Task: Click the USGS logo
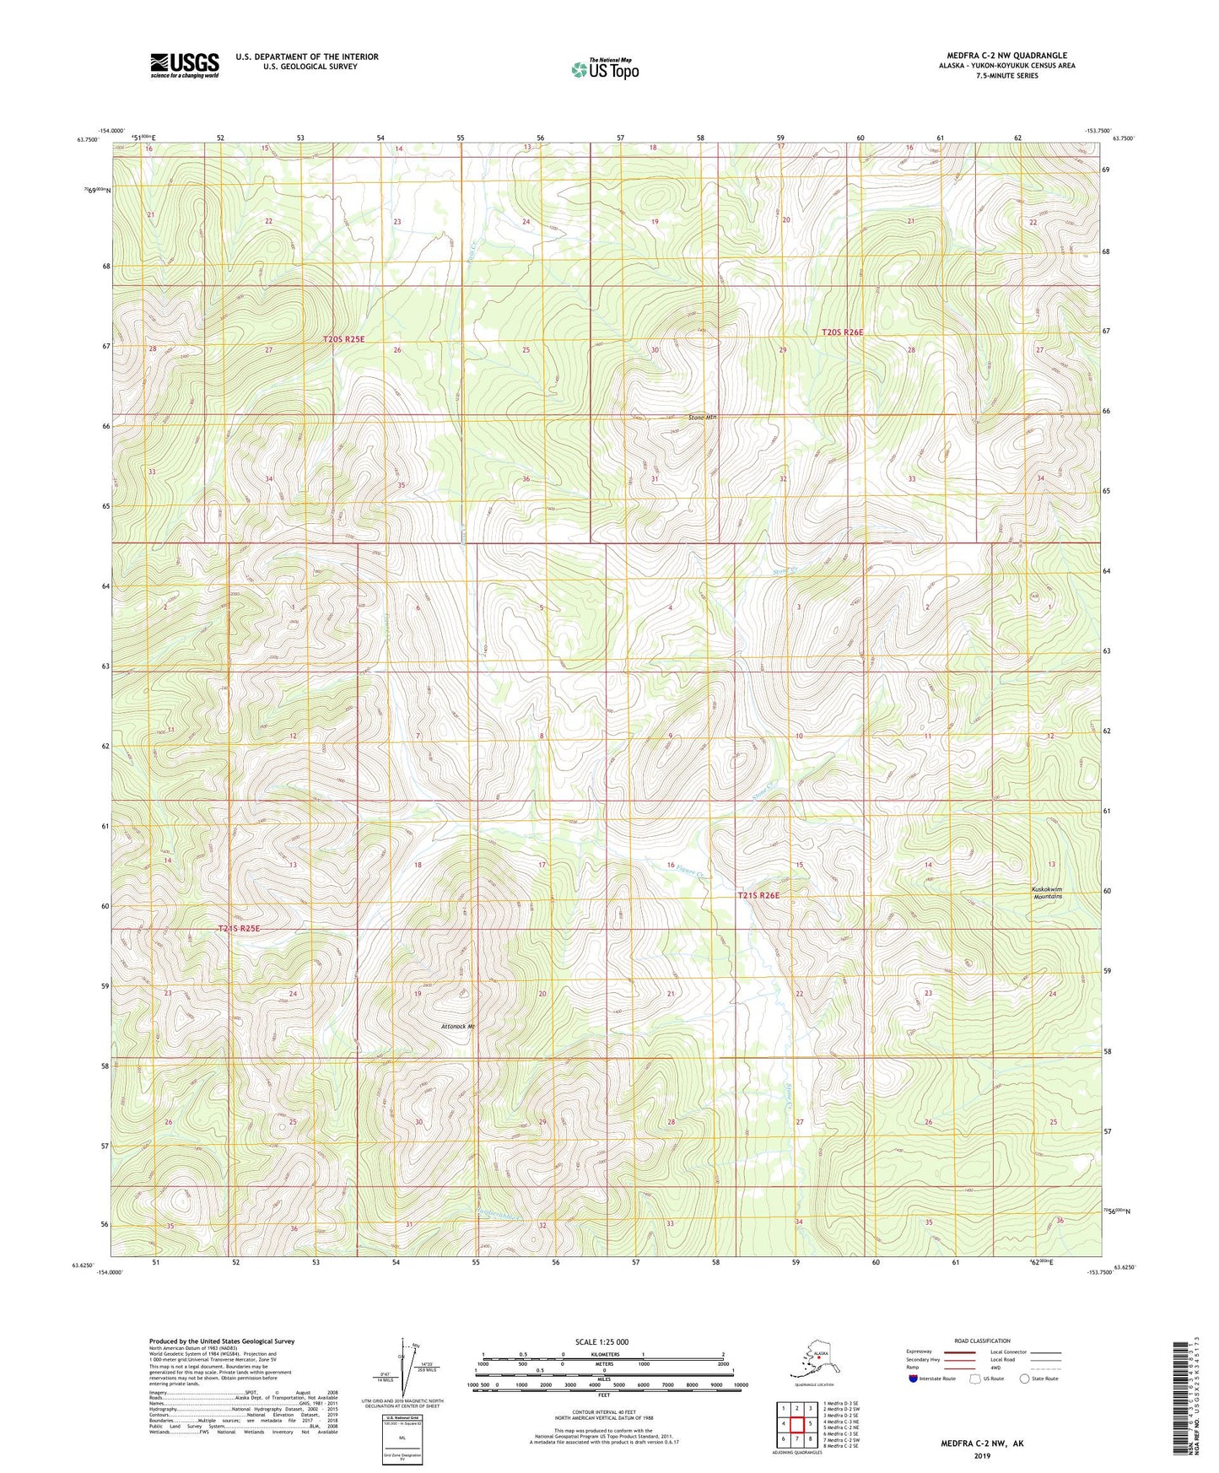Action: [x=185, y=65]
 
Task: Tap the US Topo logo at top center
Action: [x=604, y=69]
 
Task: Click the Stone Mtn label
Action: [x=703, y=417]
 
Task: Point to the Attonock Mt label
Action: [x=458, y=1027]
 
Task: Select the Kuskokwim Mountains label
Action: [x=1047, y=893]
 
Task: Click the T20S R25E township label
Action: [x=343, y=338]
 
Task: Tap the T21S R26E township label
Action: [x=758, y=895]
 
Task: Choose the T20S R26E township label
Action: [x=843, y=332]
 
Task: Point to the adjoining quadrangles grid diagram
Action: [x=796, y=1423]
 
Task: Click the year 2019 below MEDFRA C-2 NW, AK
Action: [x=982, y=1455]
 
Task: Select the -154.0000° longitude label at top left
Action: [x=111, y=131]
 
